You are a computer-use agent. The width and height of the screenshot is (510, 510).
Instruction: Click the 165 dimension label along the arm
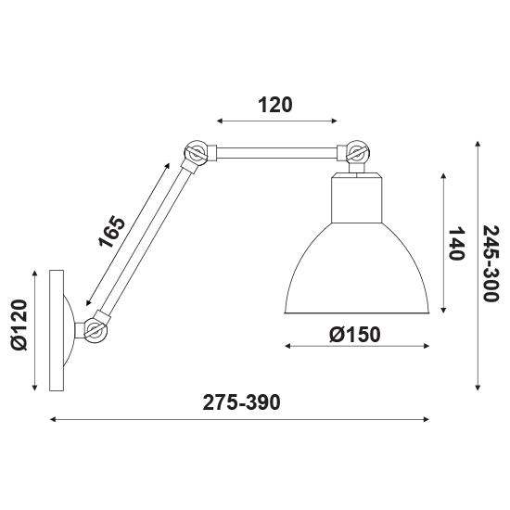pos(111,232)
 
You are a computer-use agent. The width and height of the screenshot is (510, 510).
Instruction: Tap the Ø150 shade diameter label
pos(355,335)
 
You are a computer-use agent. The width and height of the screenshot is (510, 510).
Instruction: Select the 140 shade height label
pos(456,244)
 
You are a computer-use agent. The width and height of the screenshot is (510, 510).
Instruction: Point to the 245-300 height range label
pos(491,263)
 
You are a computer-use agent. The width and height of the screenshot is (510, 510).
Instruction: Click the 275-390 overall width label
pos(241,402)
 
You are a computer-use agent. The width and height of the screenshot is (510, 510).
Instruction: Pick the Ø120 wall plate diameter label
pos(19,325)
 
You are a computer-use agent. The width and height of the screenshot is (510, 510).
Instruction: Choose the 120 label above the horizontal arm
pos(275,105)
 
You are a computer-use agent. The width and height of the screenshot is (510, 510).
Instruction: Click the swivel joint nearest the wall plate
pos(95,329)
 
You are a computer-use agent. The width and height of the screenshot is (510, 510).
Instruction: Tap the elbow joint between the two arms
pos(196,152)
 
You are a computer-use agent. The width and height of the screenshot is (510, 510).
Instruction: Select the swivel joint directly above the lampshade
pos(357,152)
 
